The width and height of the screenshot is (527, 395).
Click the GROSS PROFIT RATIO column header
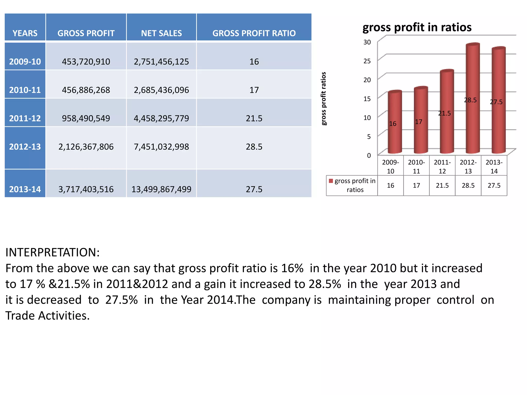(x=254, y=33)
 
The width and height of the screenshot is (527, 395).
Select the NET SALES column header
(x=161, y=33)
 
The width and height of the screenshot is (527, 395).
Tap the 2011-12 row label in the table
(x=25, y=118)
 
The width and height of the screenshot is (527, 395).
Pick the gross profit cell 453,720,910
(x=86, y=62)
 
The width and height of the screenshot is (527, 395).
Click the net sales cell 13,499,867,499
(x=161, y=189)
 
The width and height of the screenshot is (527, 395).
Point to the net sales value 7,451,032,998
(x=161, y=147)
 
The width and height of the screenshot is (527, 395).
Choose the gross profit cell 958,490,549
(x=86, y=118)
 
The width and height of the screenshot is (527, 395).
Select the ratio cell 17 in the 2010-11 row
(x=254, y=90)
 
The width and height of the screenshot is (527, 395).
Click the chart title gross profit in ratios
(x=417, y=27)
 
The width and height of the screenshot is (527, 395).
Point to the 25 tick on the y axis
(x=367, y=61)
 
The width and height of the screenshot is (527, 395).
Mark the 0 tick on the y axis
(x=369, y=156)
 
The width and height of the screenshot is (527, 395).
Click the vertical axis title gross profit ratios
(x=324, y=99)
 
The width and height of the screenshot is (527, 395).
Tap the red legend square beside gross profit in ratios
(x=331, y=181)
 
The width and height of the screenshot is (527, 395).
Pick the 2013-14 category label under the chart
(x=494, y=167)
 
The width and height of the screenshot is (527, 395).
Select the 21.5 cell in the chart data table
(x=442, y=186)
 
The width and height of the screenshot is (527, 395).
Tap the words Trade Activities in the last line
(x=47, y=316)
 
